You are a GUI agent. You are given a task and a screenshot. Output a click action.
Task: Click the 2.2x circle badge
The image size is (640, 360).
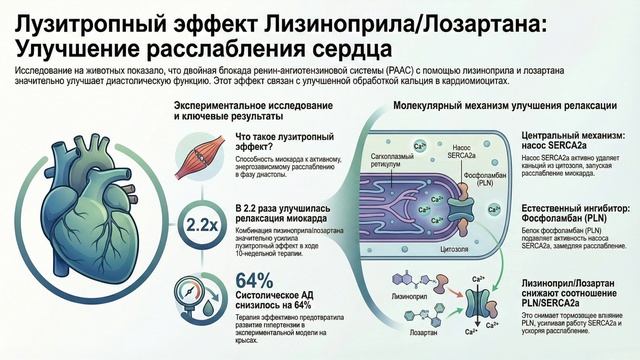198,226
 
